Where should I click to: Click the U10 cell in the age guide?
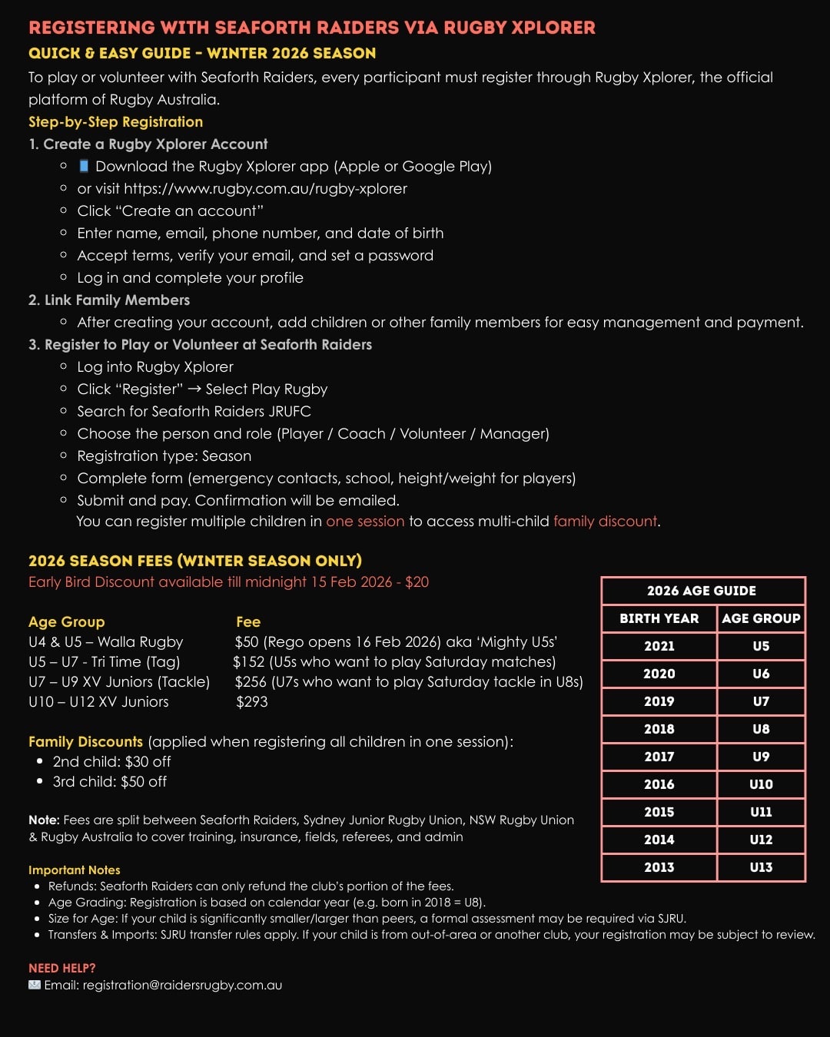tap(761, 784)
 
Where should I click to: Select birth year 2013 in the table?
tap(659, 867)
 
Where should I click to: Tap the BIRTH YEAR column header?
tap(659, 618)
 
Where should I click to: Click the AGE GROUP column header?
tap(761, 618)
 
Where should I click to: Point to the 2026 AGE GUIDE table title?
tap(701, 591)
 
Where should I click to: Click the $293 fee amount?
tap(252, 701)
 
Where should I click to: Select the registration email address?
tap(182, 985)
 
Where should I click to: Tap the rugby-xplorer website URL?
tap(265, 188)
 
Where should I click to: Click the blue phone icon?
tap(85, 166)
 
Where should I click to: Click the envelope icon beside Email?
tap(35, 985)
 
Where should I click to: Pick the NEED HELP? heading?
tap(62, 968)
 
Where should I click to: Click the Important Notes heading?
tap(75, 870)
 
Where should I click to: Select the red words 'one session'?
tap(365, 521)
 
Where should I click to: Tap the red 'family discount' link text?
tap(605, 521)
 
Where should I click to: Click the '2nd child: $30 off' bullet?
tap(111, 761)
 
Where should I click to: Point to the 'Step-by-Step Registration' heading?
tap(115, 121)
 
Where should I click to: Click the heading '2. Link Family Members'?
tap(109, 300)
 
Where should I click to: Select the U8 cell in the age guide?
tap(761, 729)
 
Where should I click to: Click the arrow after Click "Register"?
tap(194, 389)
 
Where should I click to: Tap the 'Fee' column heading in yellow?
tap(248, 621)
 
